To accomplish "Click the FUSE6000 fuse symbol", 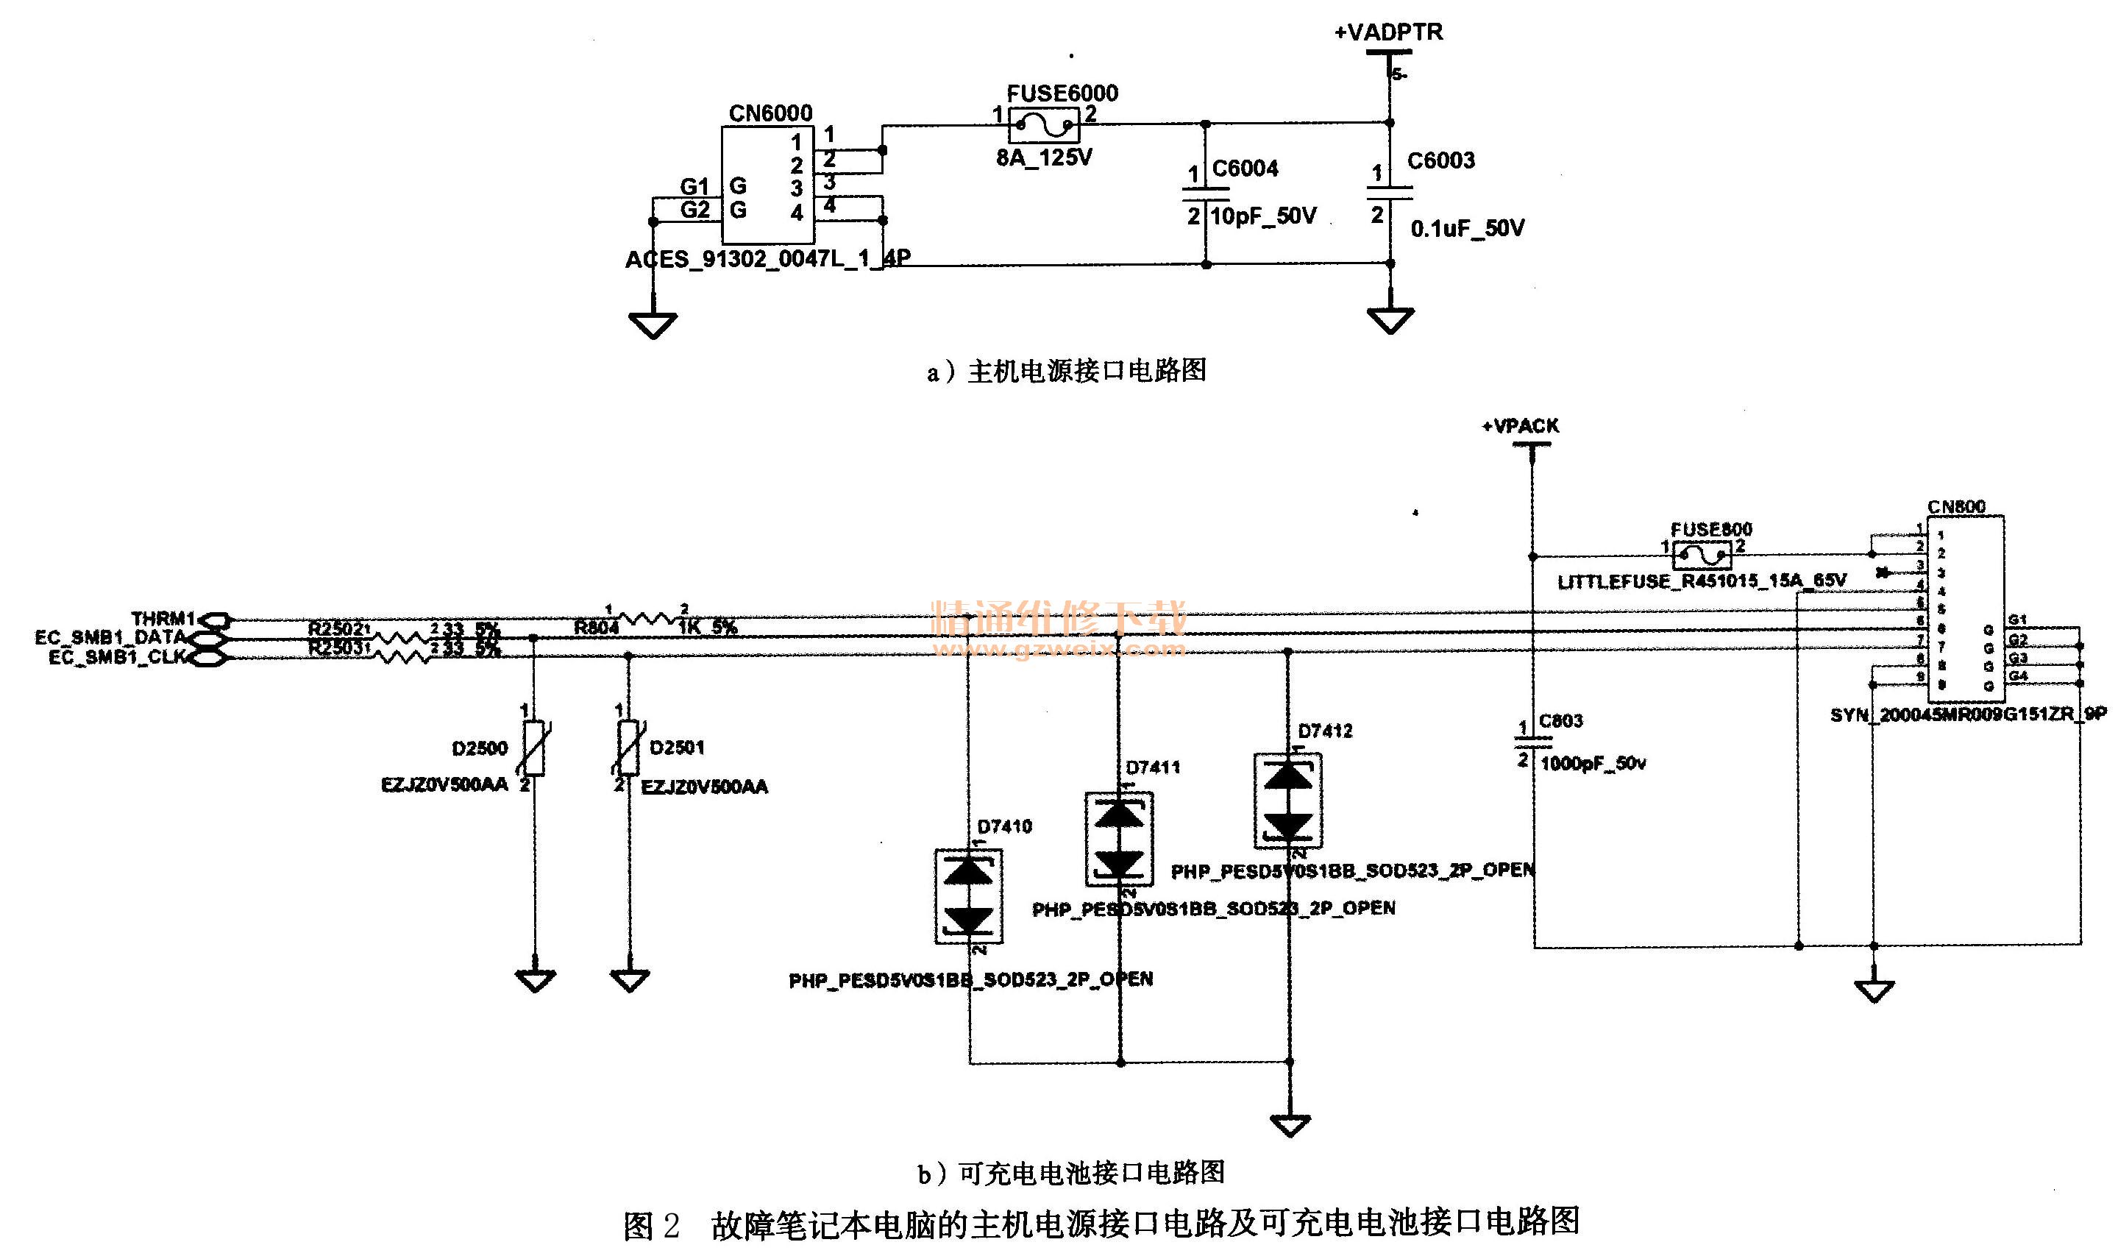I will tap(1043, 126).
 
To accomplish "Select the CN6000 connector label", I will tap(770, 113).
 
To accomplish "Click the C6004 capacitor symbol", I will tap(1205, 194).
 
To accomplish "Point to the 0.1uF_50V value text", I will tap(1467, 229).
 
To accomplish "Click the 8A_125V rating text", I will tap(1044, 158).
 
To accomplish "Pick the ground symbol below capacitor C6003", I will tap(1390, 320).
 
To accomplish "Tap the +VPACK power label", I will tap(1520, 426).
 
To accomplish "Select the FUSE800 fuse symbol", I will tap(1702, 556).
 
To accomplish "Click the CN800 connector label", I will tap(1955, 506).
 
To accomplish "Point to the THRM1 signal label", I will tap(163, 619).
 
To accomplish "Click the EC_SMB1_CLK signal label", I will tap(117, 658).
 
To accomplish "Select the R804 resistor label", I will tap(597, 628).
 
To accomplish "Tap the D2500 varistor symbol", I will tap(533, 748).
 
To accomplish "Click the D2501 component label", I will tap(677, 748).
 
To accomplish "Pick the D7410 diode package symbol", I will tap(968, 896).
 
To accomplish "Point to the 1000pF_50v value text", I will tap(1593, 764).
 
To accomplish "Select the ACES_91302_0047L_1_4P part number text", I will tap(767, 259).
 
